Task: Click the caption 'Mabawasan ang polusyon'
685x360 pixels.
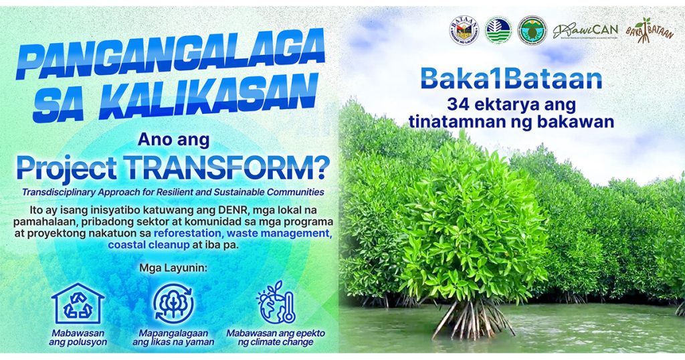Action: pyautogui.click(x=78, y=337)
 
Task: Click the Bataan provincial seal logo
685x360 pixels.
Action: pyautogui.click(x=464, y=30)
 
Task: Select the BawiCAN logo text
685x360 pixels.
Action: pyautogui.click(x=585, y=31)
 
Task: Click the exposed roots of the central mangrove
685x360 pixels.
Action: pyautogui.click(x=472, y=318)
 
